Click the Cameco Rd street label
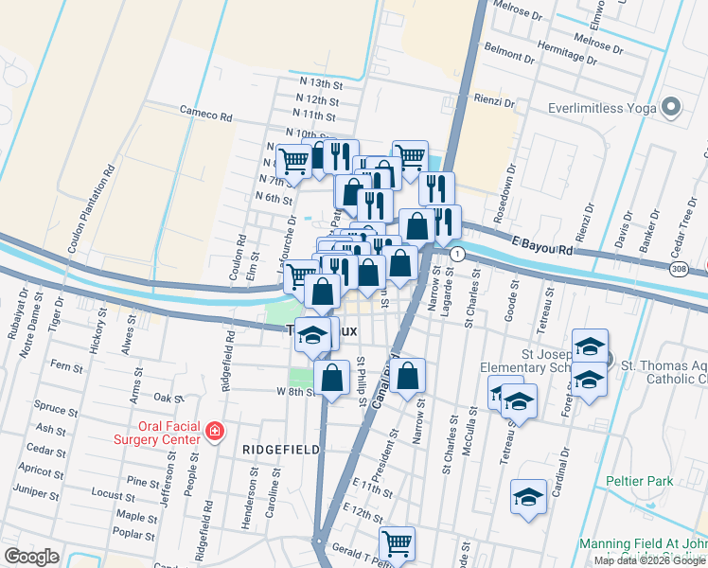click(x=206, y=115)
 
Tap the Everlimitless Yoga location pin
click(x=672, y=108)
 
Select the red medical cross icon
click(x=215, y=432)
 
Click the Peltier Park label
click(x=641, y=481)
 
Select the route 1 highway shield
click(x=457, y=254)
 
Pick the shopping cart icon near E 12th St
click(x=397, y=543)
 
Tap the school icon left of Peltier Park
click(x=528, y=497)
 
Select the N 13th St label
click(x=317, y=83)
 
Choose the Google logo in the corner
click(x=31, y=556)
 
